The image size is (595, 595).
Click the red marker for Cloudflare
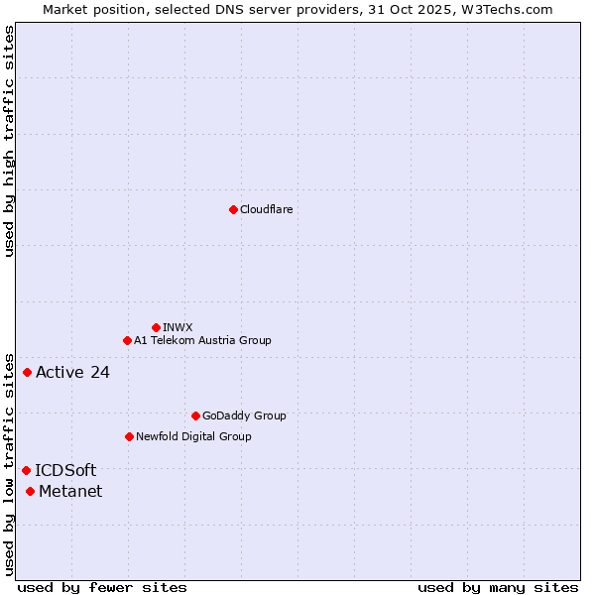pyautogui.click(x=233, y=209)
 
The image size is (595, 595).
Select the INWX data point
pyautogui.click(x=156, y=327)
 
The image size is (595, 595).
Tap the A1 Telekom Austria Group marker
pyautogui.click(x=127, y=340)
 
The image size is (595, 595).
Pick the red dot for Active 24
pyautogui.click(x=28, y=372)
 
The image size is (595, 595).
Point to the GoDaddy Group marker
pyautogui.click(x=195, y=416)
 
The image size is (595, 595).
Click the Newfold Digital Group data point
pyautogui.click(x=129, y=436)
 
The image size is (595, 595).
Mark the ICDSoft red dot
pyautogui.click(x=27, y=470)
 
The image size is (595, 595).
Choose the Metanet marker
pyautogui.click(x=31, y=491)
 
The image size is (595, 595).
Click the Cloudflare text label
pyautogui.click(x=267, y=209)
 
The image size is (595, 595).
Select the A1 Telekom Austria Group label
pyautogui.click(x=202, y=340)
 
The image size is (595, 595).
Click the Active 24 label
pyautogui.click(x=72, y=373)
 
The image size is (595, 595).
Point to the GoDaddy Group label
pyautogui.click(x=244, y=416)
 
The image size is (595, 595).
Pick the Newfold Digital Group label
pyautogui.click(x=193, y=436)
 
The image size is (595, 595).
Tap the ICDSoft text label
pyautogui.click(x=65, y=471)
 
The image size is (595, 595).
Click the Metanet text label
pyautogui.click(x=70, y=492)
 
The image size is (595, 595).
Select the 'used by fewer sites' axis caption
pyautogui.click(x=102, y=587)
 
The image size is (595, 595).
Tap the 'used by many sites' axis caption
pyautogui.click(x=498, y=587)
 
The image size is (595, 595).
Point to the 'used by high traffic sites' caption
pyautogui.click(x=9, y=141)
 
